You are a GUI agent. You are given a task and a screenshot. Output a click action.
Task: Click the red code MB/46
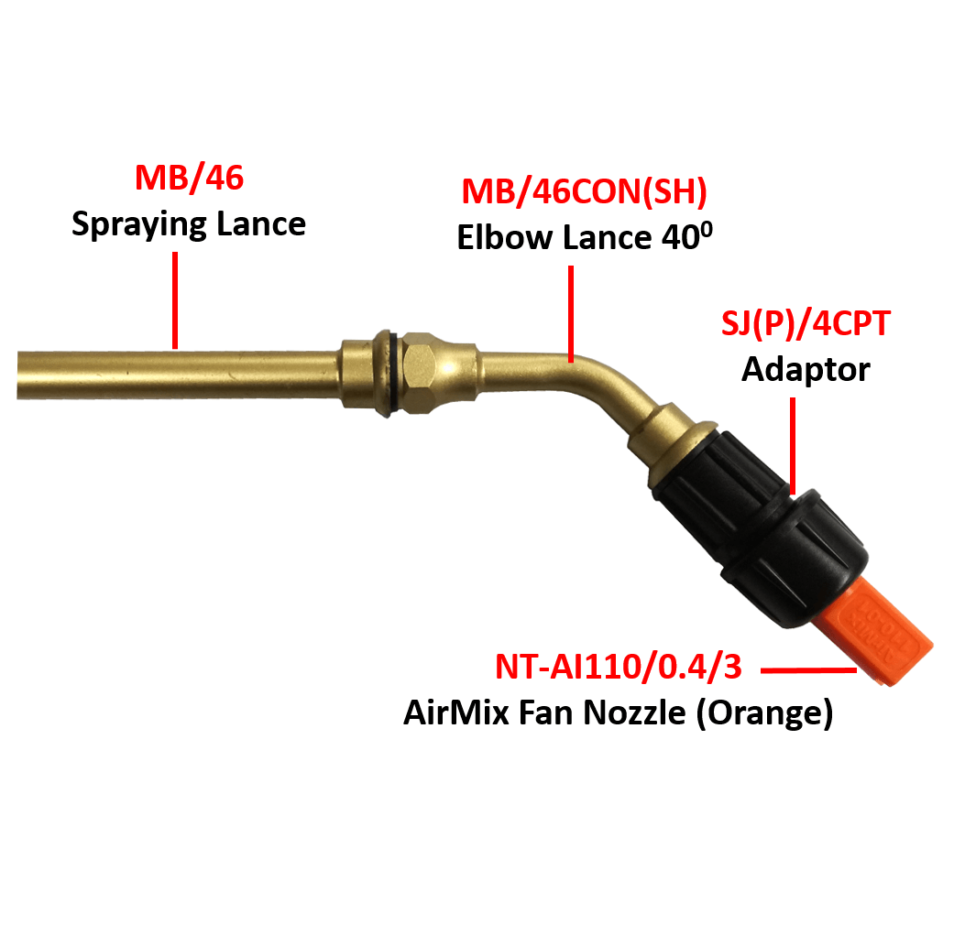pyautogui.click(x=190, y=178)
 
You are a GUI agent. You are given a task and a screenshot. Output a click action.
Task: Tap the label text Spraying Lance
pyautogui.click(x=189, y=224)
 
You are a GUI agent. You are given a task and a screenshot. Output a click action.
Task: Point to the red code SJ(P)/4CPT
pyautogui.click(x=806, y=323)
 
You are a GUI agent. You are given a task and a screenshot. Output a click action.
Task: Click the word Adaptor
pyautogui.click(x=806, y=370)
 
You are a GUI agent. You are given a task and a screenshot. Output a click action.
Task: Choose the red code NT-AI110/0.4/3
pyautogui.click(x=619, y=667)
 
